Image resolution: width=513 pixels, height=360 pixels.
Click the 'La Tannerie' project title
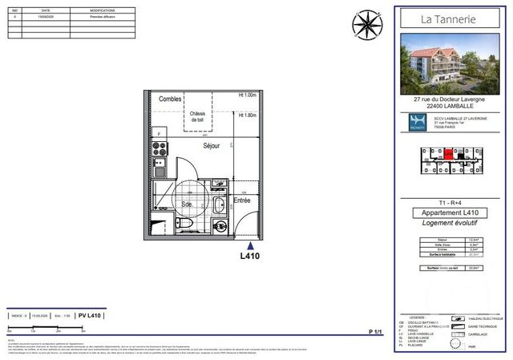coord(451,19)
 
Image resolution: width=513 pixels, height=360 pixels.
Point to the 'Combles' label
coord(169,99)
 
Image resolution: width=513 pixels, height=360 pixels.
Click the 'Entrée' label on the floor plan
coord(242,200)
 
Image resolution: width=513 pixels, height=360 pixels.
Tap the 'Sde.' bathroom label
coord(186,204)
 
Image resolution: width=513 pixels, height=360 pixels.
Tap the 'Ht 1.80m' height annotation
coord(247,115)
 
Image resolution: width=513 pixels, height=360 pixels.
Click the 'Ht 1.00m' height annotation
coord(247,95)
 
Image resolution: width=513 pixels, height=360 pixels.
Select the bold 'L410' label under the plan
coord(252,257)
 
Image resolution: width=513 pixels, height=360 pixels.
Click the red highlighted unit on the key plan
coord(449,151)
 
